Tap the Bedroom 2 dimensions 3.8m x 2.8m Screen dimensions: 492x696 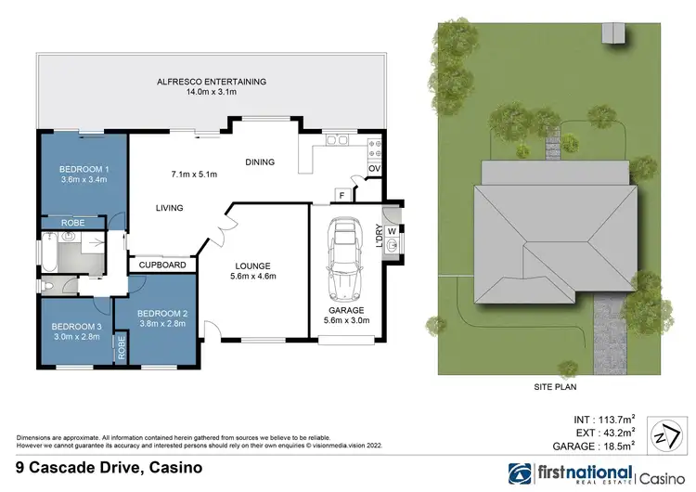[163, 324]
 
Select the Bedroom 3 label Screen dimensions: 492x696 [77, 327]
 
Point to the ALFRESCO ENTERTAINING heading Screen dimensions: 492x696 [213, 82]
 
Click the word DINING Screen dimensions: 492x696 [260, 162]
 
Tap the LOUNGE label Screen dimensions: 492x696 [253, 264]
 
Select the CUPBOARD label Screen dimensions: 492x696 [162, 265]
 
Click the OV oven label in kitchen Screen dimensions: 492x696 [374, 169]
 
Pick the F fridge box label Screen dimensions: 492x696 [342, 196]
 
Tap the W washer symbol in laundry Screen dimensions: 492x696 [393, 231]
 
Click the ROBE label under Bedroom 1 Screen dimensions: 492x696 [73, 224]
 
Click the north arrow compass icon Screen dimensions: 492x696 [662, 434]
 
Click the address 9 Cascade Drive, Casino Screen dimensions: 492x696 [110, 469]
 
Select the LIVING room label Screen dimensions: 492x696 [169, 208]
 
